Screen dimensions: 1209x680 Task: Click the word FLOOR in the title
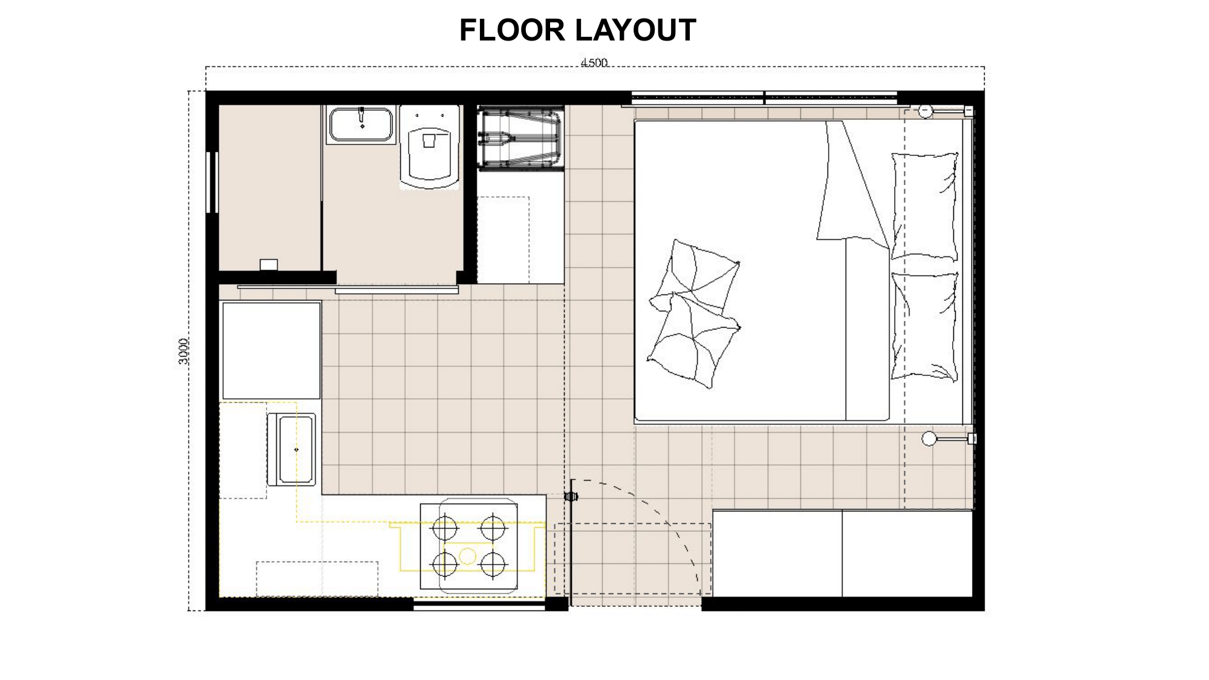tap(511, 30)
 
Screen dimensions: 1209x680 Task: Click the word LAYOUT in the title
tap(637, 30)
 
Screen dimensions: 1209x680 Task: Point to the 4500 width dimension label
tap(594, 62)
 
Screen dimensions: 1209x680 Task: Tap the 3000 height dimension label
tap(183, 351)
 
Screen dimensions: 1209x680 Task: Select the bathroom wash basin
tap(361, 125)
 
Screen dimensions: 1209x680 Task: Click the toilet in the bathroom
tap(430, 147)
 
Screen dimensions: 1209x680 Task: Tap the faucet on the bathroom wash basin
tap(361, 115)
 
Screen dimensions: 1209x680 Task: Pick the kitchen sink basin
tap(291, 450)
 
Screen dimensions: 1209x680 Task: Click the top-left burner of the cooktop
tap(445, 528)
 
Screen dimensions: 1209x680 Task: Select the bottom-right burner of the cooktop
tap(493, 565)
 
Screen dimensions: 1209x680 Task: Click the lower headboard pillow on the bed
tap(925, 326)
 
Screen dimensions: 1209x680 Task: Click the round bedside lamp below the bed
tap(929, 439)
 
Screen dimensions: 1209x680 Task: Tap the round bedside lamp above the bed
tap(925, 111)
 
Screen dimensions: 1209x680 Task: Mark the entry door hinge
tap(571, 497)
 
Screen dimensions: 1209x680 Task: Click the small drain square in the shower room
tap(268, 264)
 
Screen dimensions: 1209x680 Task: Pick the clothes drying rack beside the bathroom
tap(520, 138)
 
